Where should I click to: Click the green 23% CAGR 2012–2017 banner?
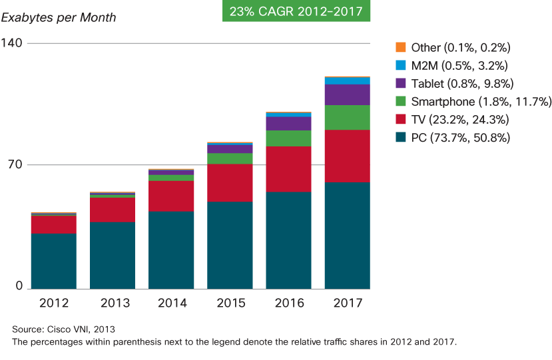click(296, 11)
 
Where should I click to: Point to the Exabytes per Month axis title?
click(59, 17)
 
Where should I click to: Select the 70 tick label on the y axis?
click(15, 164)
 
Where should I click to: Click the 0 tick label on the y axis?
click(19, 285)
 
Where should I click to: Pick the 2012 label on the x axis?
click(53, 303)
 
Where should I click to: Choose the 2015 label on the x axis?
click(230, 303)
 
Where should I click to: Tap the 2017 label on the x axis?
click(347, 303)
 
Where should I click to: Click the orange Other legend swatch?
click(400, 48)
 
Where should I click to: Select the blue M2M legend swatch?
click(400, 66)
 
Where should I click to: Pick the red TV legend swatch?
click(400, 120)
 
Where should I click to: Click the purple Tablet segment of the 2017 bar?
click(347, 94)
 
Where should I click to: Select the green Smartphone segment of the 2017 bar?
click(347, 117)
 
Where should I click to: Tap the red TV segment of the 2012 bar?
click(53, 224)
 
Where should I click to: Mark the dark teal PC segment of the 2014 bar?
click(171, 250)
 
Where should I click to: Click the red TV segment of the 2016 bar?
click(288, 168)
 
